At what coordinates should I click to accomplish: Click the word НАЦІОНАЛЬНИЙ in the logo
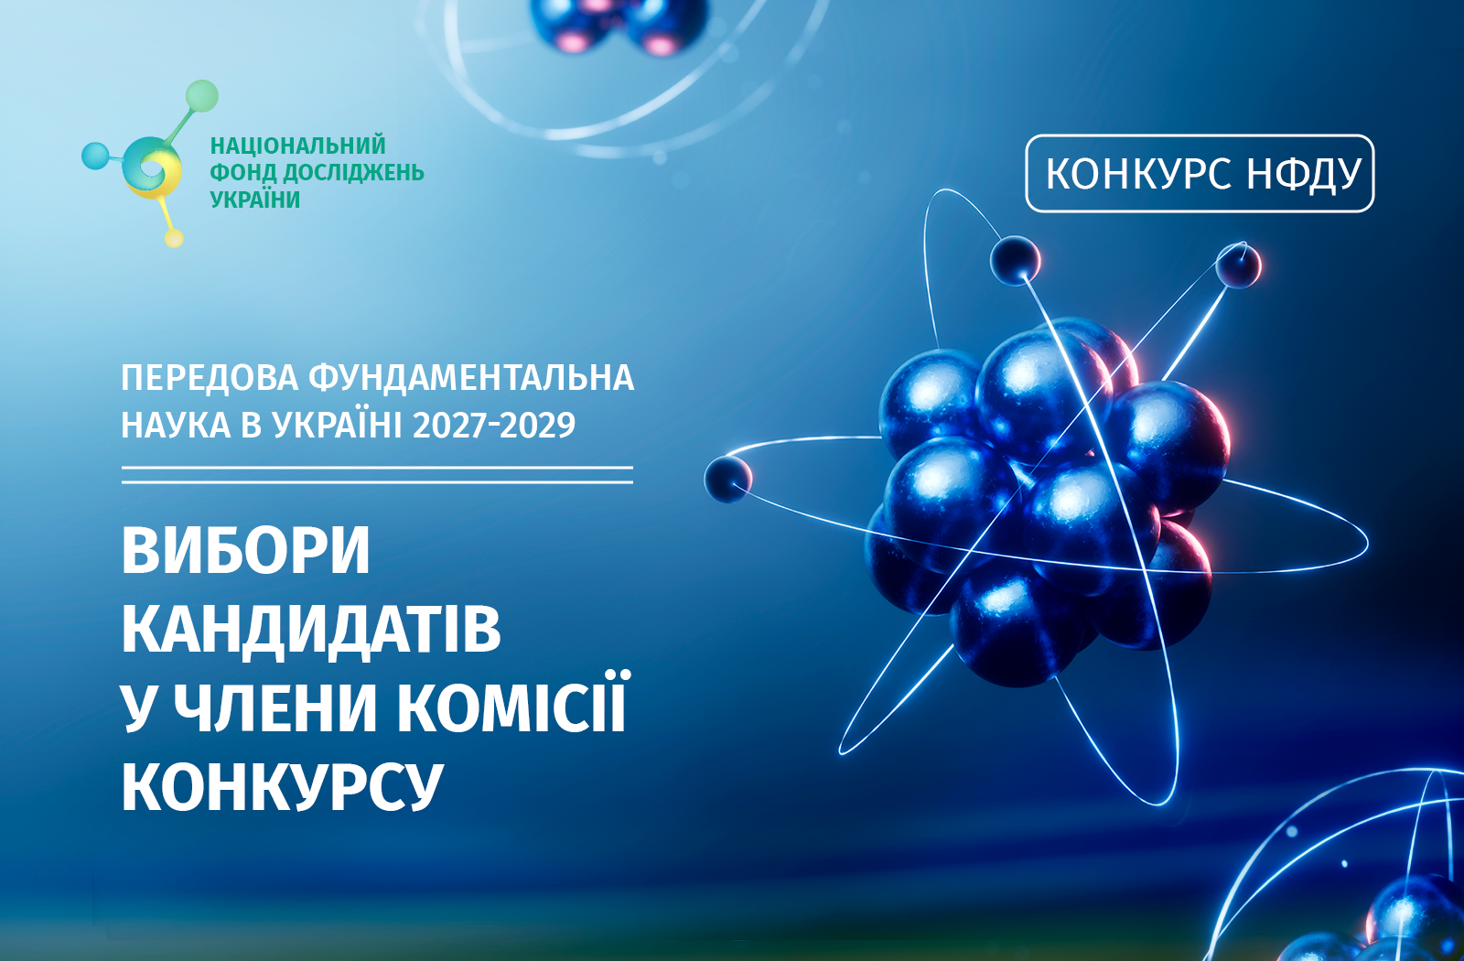[298, 146]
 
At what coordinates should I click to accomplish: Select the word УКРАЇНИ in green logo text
[255, 200]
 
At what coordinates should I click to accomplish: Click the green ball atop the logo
[201, 96]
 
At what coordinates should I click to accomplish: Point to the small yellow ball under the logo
[173, 238]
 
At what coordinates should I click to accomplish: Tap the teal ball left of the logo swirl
[95, 156]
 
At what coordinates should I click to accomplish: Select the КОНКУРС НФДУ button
[1200, 173]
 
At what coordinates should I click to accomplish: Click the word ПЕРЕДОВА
[210, 379]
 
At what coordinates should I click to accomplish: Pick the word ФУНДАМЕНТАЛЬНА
[471, 377]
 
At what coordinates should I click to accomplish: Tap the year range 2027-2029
[494, 426]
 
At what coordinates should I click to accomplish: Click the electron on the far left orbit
[727, 480]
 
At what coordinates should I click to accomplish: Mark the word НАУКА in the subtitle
[176, 426]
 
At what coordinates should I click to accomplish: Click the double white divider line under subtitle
[377, 475]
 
